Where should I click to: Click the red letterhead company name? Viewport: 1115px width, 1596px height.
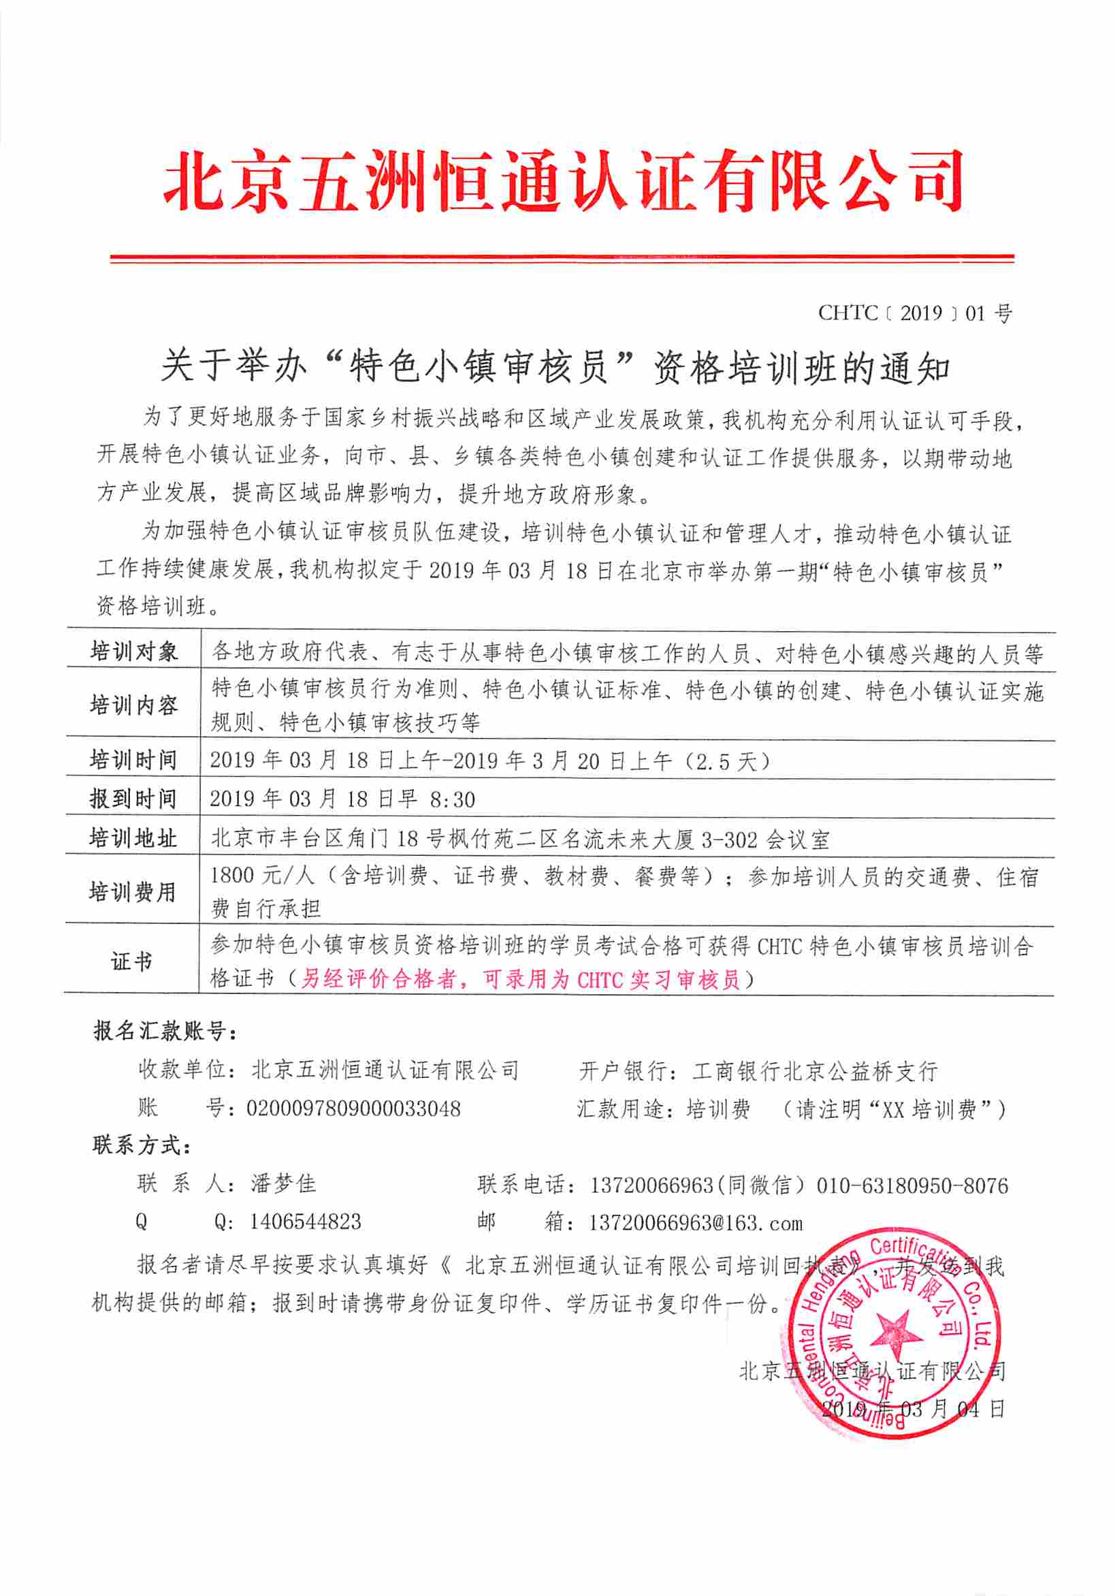tap(563, 180)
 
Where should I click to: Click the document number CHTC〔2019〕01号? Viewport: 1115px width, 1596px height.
tap(915, 313)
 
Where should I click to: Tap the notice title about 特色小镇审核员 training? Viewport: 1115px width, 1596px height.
tap(555, 367)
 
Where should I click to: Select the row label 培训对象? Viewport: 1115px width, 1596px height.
tap(133, 652)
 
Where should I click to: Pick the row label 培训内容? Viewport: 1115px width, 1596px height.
tap(133, 705)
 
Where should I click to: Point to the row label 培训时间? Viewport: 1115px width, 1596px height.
tap(133, 760)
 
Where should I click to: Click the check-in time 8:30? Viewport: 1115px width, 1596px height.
tap(452, 799)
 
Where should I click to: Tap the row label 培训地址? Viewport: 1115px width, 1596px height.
tap(133, 838)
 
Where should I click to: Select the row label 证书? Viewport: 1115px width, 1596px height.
tap(131, 962)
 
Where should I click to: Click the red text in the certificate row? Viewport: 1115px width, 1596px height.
tap(520, 979)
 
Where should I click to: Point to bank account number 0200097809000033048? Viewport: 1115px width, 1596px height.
tap(354, 1108)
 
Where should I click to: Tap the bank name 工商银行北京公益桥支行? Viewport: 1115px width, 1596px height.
tap(815, 1070)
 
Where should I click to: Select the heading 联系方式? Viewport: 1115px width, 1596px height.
tap(141, 1145)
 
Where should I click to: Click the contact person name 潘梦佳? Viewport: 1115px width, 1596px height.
tap(284, 1184)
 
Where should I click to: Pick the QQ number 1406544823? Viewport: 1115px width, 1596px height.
tap(306, 1222)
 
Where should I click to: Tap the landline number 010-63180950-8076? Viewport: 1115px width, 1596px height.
tap(912, 1185)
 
